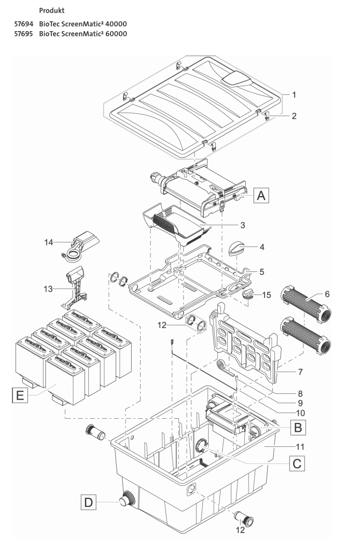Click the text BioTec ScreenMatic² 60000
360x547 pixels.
[x=83, y=34]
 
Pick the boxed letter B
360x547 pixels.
[x=297, y=427]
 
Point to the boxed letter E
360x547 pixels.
[x=19, y=397]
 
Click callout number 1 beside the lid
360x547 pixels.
[x=294, y=95]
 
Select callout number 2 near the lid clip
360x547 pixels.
[x=294, y=116]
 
